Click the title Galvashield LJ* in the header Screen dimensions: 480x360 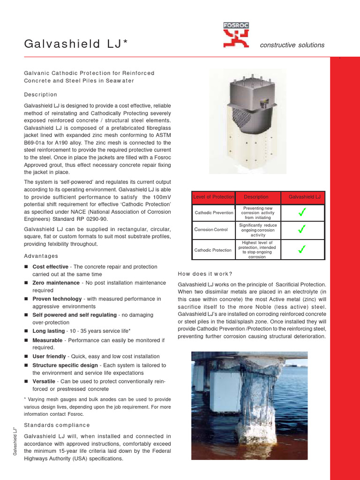[75, 45]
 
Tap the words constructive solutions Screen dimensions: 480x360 [292, 45]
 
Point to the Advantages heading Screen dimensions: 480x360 [41, 256]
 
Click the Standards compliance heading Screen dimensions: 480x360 [57, 425]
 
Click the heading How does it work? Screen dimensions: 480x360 [205, 274]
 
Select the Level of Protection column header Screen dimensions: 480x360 [213, 197]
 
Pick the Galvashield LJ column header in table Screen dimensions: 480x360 [304, 197]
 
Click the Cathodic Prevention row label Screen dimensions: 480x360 [214, 213]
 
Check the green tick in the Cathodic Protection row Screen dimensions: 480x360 [302, 250]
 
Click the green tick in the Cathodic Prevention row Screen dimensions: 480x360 [302, 213]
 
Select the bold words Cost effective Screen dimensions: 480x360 [50, 267]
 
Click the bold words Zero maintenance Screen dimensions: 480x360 [56, 283]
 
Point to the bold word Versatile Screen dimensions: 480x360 [44, 381]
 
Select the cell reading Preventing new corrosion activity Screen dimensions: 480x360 [258, 213]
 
